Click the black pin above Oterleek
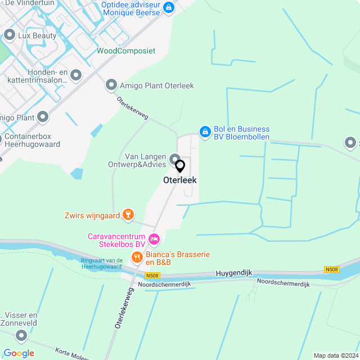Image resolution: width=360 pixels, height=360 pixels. tap(180, 166)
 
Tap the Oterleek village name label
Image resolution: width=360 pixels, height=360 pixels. tap(180, 181)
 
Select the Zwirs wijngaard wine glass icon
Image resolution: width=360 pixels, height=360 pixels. tap(129, 214)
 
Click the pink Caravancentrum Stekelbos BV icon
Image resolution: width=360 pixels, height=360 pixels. tap(154, 240)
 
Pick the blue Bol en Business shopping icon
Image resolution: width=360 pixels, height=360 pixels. tap(205, 132)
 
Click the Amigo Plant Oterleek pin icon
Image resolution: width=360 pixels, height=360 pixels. tap(111, 85)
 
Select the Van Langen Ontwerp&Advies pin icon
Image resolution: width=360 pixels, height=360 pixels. tap(175, 159)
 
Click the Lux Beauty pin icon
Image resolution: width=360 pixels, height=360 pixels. tap(9, 35)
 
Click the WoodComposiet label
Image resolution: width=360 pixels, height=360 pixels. tap(126, 51)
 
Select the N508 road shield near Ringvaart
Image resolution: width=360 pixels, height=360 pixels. tap(152, 276)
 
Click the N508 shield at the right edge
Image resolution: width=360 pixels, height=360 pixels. tap(332, 270)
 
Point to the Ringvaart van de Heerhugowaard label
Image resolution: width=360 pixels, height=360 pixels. tap(102, 263)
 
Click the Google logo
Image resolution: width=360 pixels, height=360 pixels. tap(19, 353)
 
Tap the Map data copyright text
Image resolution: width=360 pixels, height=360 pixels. tap(336, 355)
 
